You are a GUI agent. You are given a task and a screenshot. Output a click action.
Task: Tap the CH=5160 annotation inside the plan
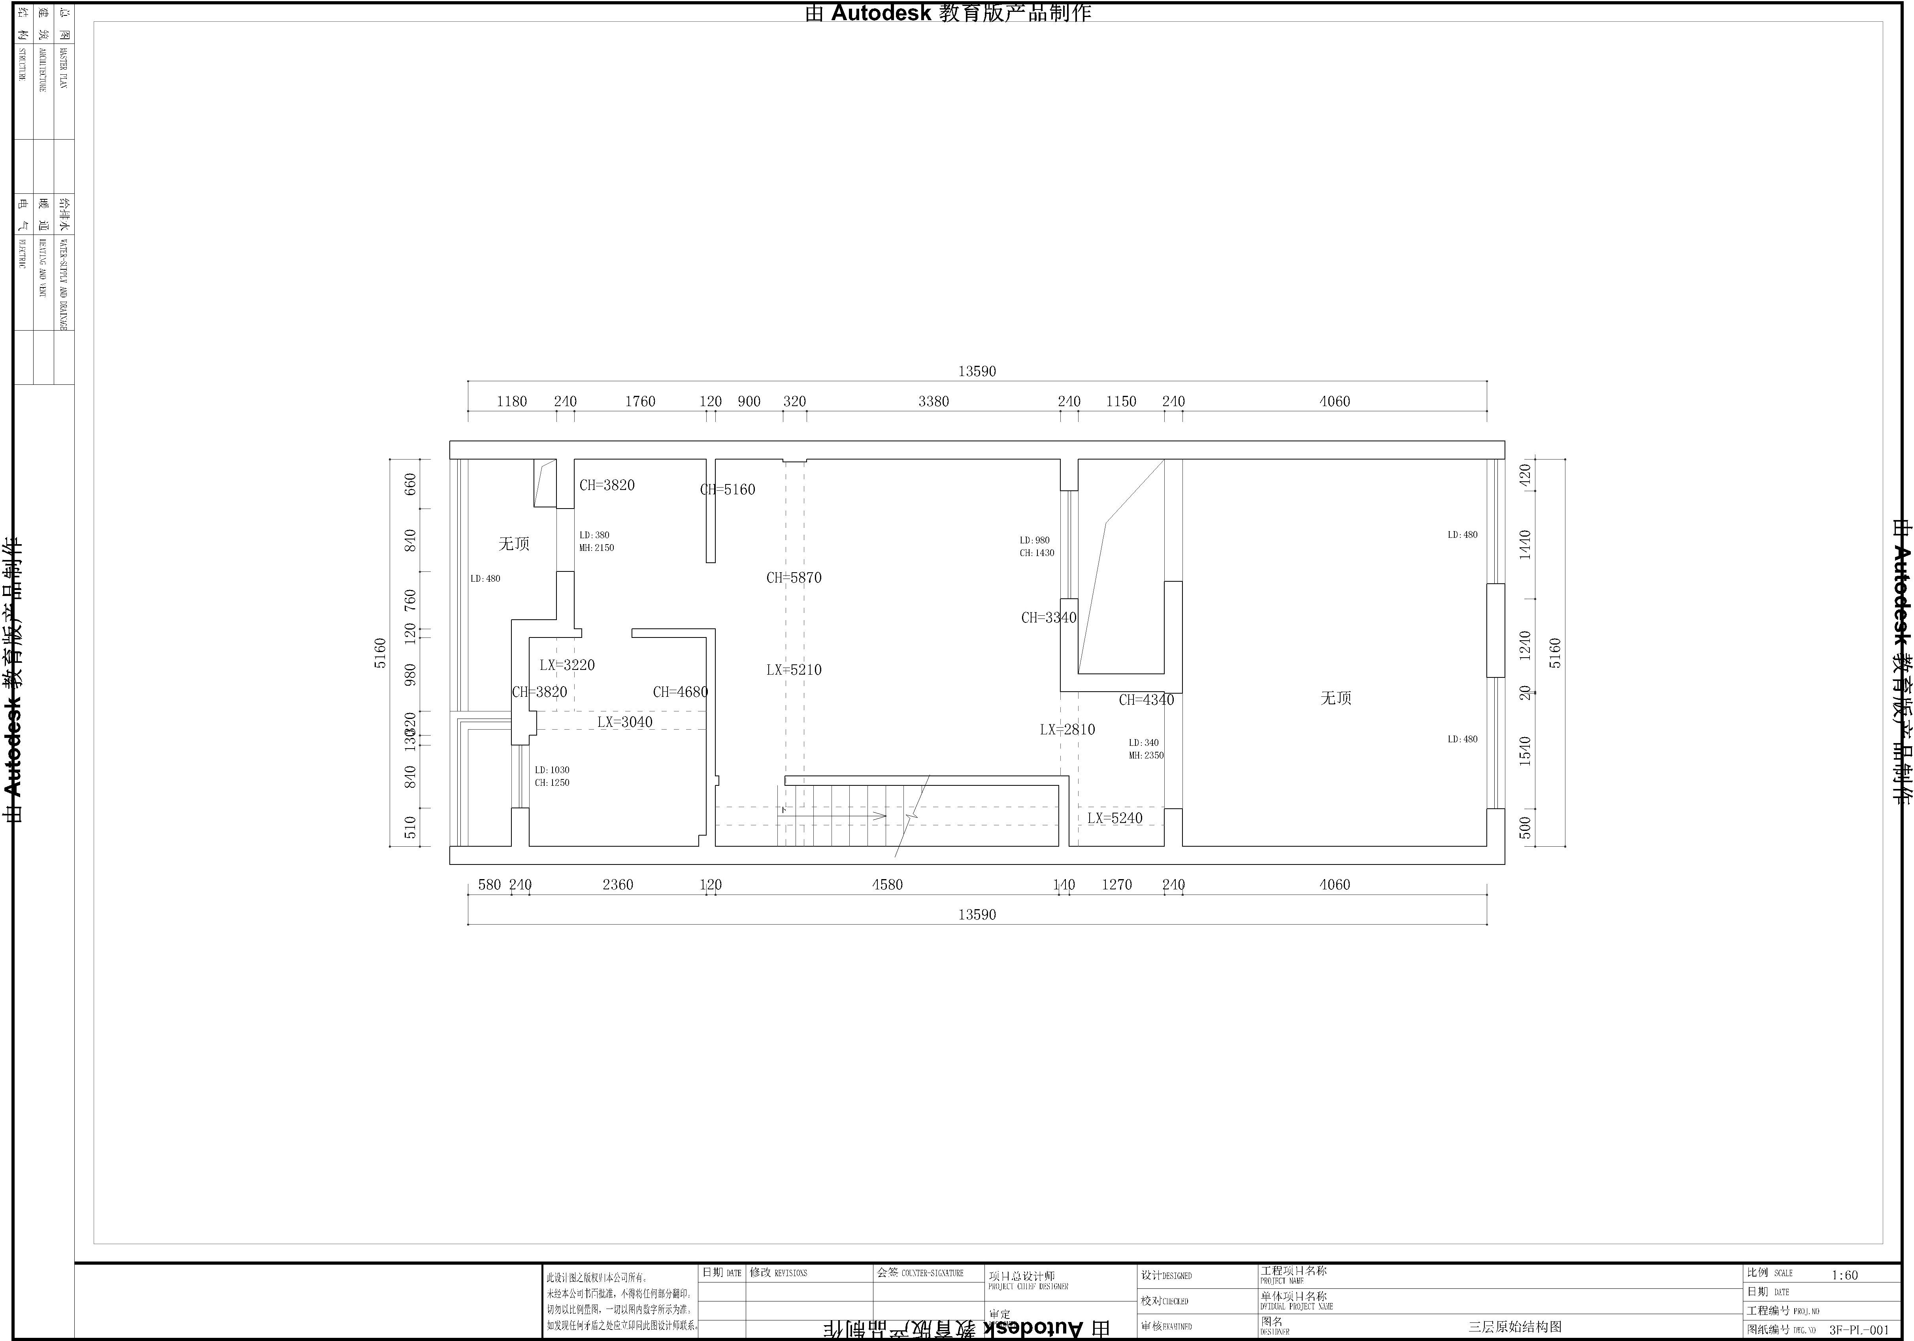[x=728, y=490]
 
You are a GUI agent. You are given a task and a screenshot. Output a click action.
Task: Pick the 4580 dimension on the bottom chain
[x=887, y=885]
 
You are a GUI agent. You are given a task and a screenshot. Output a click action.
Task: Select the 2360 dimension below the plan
[x=618, y=885]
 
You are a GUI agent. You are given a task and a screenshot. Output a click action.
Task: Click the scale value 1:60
[x=1845, y=1275]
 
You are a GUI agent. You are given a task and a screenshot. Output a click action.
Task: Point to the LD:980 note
[x=1035, y=541]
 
